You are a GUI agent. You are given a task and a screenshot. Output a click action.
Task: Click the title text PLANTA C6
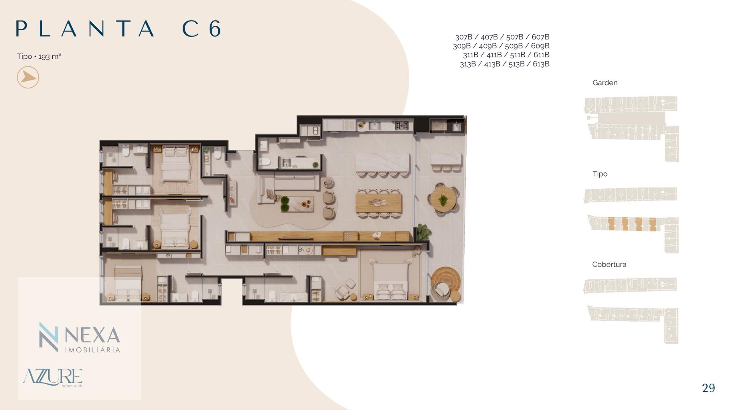118,29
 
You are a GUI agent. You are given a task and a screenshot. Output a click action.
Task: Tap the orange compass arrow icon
28,77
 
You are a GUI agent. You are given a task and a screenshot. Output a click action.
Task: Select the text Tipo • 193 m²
39,56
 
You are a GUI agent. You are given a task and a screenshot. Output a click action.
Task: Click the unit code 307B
464,37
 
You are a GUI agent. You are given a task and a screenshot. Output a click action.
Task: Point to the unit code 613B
541,64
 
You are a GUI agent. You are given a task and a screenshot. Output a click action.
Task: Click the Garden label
605,83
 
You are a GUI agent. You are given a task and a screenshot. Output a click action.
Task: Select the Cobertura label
609,264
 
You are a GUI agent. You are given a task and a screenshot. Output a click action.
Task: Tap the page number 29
708,388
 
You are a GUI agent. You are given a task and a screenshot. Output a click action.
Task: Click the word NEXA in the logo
92,335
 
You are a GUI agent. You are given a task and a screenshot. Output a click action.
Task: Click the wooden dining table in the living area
379,203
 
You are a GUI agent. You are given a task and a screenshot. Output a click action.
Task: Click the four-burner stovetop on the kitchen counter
402,125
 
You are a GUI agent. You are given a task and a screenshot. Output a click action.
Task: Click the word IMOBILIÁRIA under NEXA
93,350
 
